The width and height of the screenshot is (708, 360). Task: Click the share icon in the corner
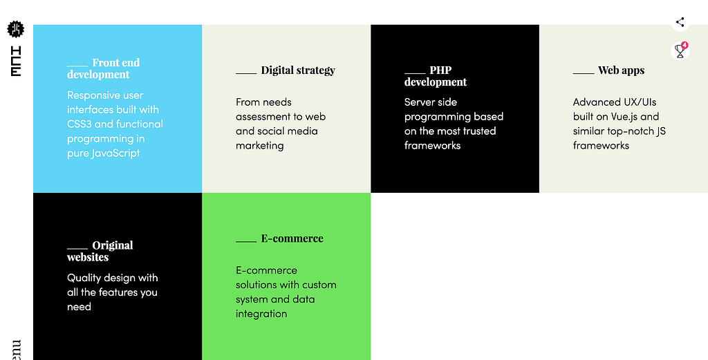680,21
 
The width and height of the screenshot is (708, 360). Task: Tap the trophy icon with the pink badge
680,50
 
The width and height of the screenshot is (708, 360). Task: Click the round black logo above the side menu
15,29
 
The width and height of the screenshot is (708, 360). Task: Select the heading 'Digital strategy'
298,70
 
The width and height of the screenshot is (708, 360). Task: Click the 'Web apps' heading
622,70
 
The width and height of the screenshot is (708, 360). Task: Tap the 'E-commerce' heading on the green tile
292,238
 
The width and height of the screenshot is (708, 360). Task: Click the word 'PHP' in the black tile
440,70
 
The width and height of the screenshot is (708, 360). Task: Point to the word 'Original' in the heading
113,245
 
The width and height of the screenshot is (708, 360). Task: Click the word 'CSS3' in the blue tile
79,124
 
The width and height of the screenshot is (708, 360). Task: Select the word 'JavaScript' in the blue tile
115,153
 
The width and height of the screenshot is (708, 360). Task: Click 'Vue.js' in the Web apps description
624,116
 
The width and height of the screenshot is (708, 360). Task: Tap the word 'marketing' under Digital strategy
260,146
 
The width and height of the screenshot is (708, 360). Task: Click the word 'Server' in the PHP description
418,102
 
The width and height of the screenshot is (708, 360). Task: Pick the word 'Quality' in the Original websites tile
85,278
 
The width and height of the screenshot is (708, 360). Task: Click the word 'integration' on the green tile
261,314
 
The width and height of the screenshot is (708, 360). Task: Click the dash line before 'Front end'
77,66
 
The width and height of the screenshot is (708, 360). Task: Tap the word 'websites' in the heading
88,257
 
